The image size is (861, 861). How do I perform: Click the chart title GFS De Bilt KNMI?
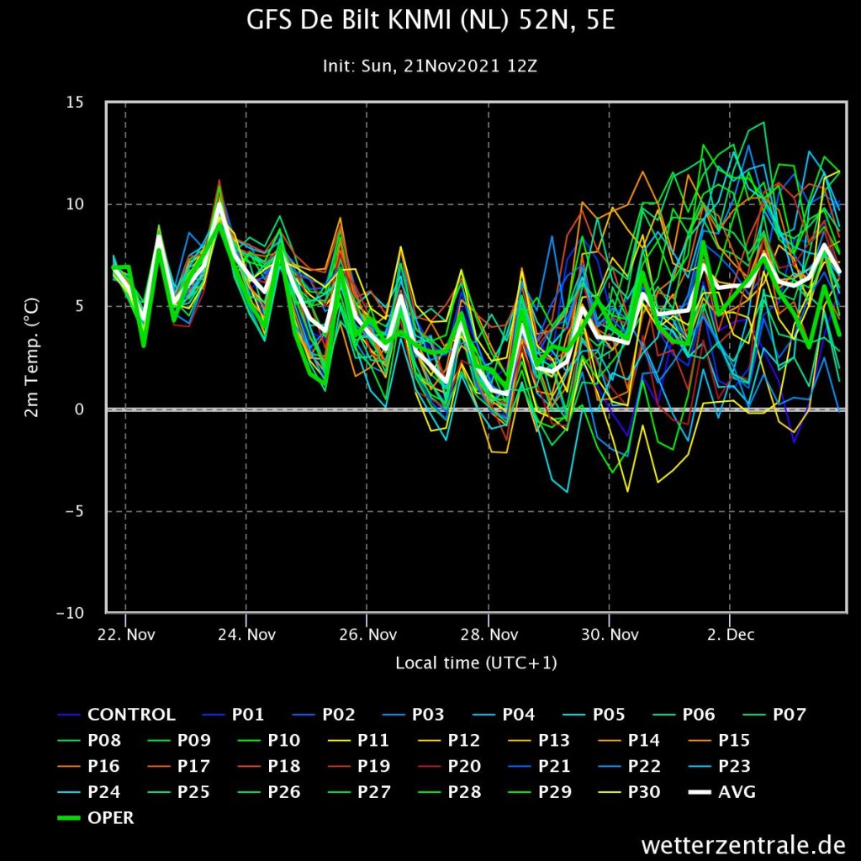(x=430, y=20)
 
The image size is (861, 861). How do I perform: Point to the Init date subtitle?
(x=430, y=66)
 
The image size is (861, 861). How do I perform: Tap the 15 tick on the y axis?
(x=75, y=102)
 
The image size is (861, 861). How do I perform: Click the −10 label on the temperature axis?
(x=71, y=613)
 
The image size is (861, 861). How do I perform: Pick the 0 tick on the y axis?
(x=80, y=409)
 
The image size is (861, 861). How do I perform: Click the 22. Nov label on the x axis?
(x=126, y=635)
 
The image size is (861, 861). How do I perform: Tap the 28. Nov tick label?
(x=489, y=635)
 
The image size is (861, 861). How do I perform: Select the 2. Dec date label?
(x=731, y=635)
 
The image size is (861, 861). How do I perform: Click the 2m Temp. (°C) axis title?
(x=32, y=357)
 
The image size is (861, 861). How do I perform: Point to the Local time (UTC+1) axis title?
(x=477, y=663)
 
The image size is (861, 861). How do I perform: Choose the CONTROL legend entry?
(x=117, y=715)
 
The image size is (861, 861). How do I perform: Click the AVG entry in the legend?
(x=722, y=792)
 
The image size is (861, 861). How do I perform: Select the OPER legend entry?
(x=96, y=817)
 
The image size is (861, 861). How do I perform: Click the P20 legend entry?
(x=449, y=766)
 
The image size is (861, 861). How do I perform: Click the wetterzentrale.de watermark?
(x=743, y=844)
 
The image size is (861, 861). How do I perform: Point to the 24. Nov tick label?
(x=247, y=635)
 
